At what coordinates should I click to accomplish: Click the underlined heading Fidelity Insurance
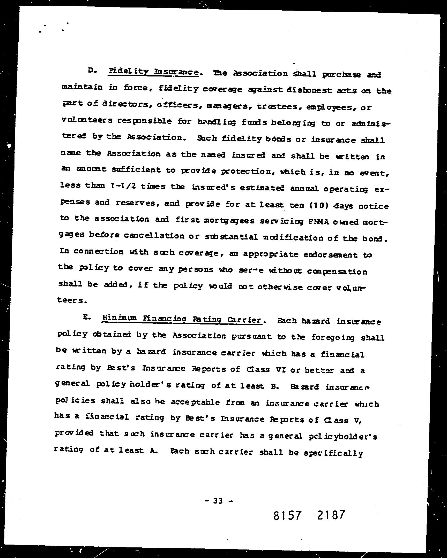click(153, 72)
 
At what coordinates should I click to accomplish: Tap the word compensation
click(337, 272)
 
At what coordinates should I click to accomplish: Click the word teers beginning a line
click(70, 300)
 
